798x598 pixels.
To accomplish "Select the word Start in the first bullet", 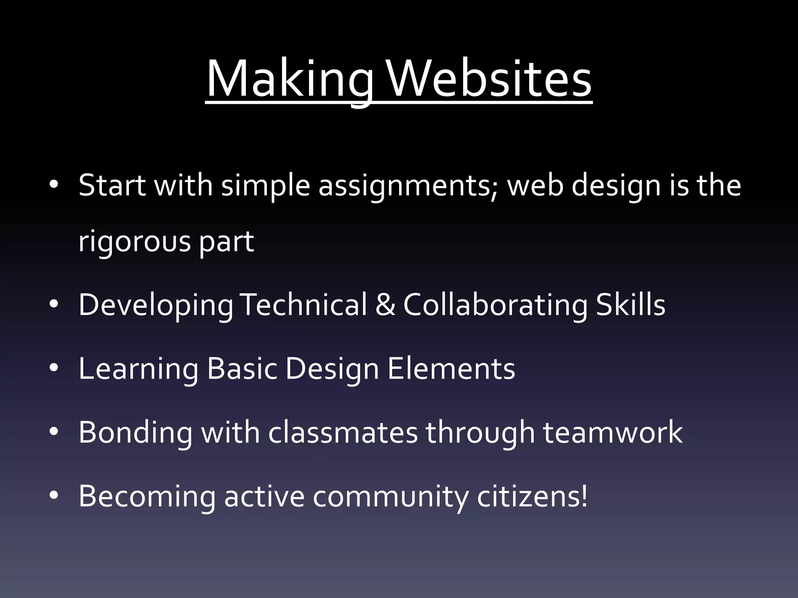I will pos(112,185).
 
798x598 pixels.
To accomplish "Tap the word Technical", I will pos(305,304).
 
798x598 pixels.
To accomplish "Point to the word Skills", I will pos(630,304).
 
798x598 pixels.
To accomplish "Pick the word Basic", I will pos(242,368).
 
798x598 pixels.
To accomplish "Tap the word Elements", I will pos(451,368).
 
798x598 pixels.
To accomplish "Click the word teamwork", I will pos(613,432).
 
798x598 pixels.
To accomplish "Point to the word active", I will pos(264,496).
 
